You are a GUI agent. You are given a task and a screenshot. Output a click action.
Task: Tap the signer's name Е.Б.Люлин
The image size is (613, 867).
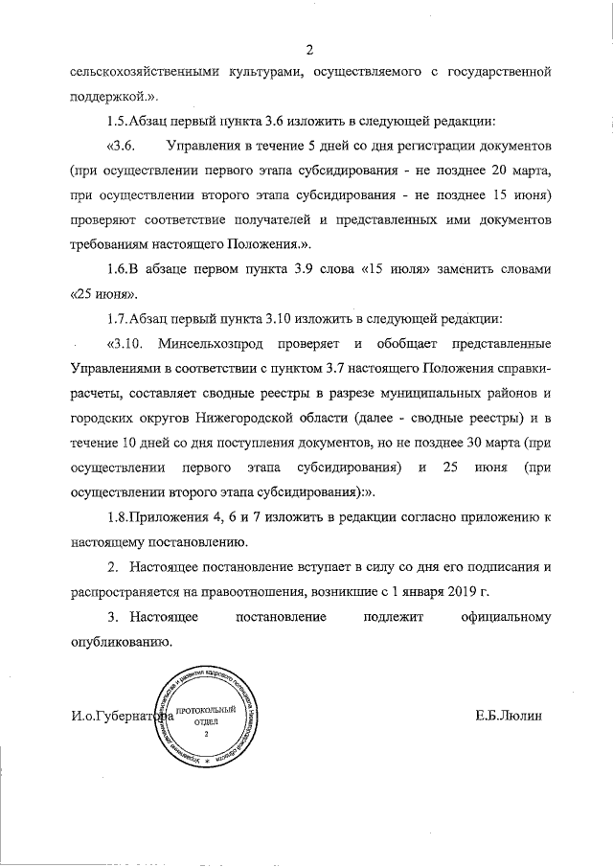[x=508, y=716]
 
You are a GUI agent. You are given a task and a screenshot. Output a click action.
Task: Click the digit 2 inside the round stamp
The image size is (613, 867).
[x=205, y=733]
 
